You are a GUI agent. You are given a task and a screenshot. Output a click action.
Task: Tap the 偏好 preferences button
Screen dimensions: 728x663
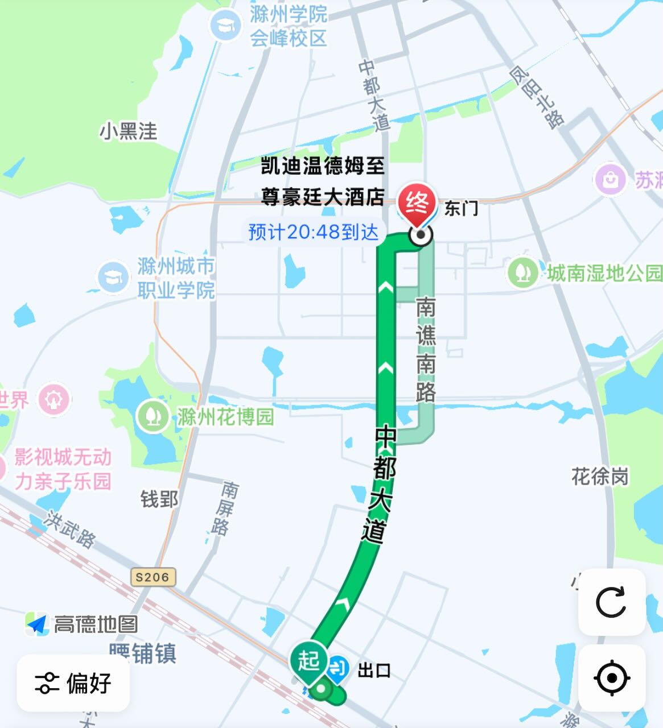pos(73,683)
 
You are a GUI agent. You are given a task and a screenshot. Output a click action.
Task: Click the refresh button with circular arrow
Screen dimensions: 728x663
pos(611,602)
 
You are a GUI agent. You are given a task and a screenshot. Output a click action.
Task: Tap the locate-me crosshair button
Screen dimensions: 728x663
pos(611,678)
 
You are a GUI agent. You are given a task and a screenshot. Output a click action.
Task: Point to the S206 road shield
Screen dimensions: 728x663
pos(153,577)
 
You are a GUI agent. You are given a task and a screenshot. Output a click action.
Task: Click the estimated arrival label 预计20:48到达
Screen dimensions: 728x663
pos(314,232)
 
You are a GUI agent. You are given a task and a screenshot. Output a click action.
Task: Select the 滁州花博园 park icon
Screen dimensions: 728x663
pos(153,416)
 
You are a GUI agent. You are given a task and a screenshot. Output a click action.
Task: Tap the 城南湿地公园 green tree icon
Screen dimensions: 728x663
pos(522,273)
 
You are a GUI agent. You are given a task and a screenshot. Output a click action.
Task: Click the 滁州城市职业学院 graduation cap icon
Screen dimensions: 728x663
pos(113,277)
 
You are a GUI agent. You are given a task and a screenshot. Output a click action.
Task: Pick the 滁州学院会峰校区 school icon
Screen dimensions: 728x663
pos(226,26)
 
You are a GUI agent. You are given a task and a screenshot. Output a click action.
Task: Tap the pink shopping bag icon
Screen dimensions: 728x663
pos(610,180)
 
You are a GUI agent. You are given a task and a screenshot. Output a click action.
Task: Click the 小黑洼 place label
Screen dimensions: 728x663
pos(129,131)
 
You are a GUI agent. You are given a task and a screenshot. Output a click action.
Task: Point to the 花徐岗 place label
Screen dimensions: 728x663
pos(600,477)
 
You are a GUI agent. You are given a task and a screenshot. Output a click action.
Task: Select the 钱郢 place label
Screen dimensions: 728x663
pos(159,499)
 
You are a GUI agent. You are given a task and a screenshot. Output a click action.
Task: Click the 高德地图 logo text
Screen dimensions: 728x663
pos(96,624)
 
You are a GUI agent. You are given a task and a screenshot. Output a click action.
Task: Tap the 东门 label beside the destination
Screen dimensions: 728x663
pos(461,209)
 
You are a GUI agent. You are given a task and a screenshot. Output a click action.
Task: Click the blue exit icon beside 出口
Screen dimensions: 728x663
pos(339,669)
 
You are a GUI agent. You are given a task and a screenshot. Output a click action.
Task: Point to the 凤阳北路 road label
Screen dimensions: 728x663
pos(536,97)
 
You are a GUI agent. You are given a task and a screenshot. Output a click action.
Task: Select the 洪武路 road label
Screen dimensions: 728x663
pos(71,530)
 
